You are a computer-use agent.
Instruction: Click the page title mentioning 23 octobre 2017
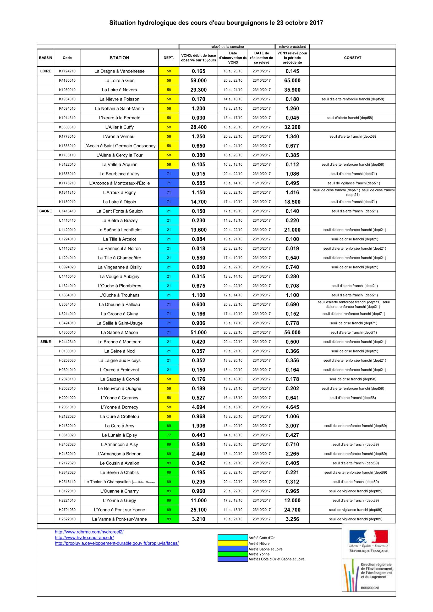[x=216, y=23]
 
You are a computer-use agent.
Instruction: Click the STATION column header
[x=119, y=58]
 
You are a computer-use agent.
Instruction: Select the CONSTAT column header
[x=352, y=58]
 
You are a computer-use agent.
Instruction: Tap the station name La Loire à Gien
[x=119, y=81]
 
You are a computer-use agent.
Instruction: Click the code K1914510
[x=67, y=118]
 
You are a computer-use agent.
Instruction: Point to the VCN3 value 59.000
[x=199, y=81]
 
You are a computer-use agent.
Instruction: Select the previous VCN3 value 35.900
[x=292, y=90]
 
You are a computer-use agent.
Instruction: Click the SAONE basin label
[x=46, y=211]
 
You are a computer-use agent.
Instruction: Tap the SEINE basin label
[x=46, y=342]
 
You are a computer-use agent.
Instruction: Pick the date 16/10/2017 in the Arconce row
[x=261, y=183]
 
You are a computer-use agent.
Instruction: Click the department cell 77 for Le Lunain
[x=169, y=435]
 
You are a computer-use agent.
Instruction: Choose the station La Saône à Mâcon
[x=119, y=332]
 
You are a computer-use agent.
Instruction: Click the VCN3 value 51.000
[x=199, y=332]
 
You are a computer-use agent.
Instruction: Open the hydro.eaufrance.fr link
[x=84, y=538]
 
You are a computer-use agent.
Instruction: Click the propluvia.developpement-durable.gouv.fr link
[x=117, y=543]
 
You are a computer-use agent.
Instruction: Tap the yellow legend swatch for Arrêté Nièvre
[x=233, y=543]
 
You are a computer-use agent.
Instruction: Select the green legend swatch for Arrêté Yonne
[x=233, y=554]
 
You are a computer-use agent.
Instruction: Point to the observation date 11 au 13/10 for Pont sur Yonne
[x=233, y=510]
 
